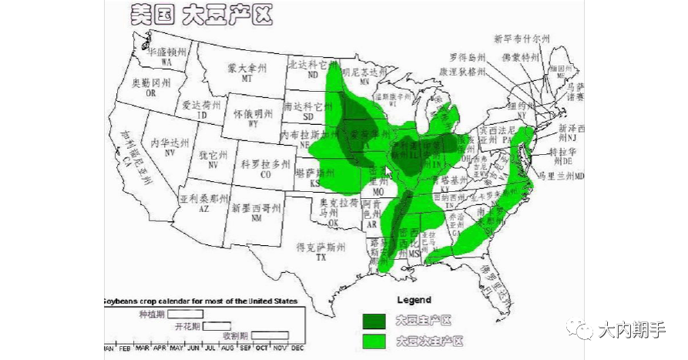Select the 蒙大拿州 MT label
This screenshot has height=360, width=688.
point(247,72)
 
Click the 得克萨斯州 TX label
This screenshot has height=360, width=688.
point(321,251)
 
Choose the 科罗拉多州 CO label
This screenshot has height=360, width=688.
point(266,169)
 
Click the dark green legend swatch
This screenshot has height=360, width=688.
point(375,320)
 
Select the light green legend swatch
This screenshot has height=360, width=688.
point(375,340)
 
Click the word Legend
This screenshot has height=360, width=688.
point(414,300)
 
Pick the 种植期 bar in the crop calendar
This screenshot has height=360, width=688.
point(186,314)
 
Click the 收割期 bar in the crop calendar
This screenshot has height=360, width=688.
point(270,335)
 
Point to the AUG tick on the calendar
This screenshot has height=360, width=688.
point(227,348)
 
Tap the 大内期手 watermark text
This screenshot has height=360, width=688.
point(631,330)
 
